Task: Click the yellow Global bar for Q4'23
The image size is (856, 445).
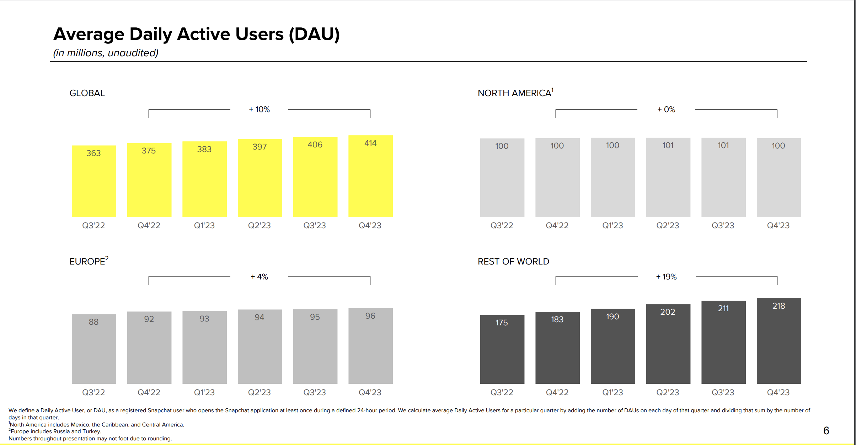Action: tap(370, 176)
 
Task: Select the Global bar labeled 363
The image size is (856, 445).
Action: tap(94, 181)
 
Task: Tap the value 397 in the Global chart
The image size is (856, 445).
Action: tap(260, 147)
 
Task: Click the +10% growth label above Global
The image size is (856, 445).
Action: tap(260, 109)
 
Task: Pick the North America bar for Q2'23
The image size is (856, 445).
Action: tap(668, 177)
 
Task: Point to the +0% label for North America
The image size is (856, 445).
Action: tap(666, 109)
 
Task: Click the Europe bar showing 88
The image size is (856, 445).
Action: tap(94, 349)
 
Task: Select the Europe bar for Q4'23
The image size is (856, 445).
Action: tap(370, 346)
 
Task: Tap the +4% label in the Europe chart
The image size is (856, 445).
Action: tap(260, 277)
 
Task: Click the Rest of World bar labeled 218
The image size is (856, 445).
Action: tap(779, 341)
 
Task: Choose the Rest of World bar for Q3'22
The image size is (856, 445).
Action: tap(502, 349)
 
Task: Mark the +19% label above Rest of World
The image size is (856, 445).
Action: tap(666, 277)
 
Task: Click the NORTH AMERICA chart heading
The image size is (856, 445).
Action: tap(515, 93)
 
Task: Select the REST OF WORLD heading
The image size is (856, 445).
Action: tap(513, 261)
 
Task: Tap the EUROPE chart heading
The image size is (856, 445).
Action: tap(89, 261)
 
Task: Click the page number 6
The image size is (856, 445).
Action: tap(826, 430)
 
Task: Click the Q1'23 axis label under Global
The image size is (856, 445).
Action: tap(204, 225)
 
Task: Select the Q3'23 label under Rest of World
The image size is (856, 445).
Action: tap(723, 392)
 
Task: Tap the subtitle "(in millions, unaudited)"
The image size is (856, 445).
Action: tap(106, 53)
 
